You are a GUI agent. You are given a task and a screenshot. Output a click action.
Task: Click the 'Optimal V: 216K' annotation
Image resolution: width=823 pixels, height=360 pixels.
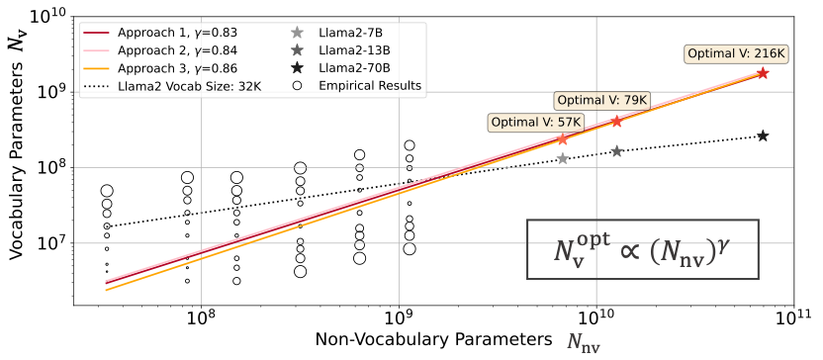[x=739, y=53]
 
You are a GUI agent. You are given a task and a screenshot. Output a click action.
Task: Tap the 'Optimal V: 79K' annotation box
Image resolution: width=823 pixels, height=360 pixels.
[x=602, y=100]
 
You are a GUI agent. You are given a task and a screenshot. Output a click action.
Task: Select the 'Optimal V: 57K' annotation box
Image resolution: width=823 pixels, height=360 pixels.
[x=536, y=122]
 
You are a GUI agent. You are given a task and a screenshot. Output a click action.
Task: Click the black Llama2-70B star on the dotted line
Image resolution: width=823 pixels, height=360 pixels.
[x=764, y=135]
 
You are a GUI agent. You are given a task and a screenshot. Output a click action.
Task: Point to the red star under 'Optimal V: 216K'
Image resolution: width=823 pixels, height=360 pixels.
[x=764, y=73]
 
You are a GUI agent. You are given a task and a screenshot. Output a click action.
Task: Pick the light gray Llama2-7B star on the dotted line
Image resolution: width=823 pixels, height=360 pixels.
[x=562, y=158]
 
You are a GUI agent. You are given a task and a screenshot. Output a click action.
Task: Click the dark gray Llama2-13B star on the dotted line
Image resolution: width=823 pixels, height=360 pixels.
[x=616, y=151]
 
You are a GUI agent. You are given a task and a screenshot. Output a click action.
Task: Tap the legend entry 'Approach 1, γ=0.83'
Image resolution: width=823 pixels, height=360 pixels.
[x=160, y=33]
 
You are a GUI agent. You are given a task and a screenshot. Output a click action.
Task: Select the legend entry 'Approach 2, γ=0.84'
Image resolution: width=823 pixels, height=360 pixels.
[x=160, y=50]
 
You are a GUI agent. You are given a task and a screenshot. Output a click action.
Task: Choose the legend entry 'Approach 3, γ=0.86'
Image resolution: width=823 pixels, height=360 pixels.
[x=160, y=68]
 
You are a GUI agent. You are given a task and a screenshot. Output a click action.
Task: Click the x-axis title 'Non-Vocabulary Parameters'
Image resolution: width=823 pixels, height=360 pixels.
[x=434, y=340]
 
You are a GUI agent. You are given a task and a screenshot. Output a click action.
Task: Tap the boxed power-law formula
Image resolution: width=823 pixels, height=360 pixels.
[x=643, y=249]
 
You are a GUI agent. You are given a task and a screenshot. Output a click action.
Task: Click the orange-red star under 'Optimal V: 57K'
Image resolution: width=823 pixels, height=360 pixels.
[x=562, y=139]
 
